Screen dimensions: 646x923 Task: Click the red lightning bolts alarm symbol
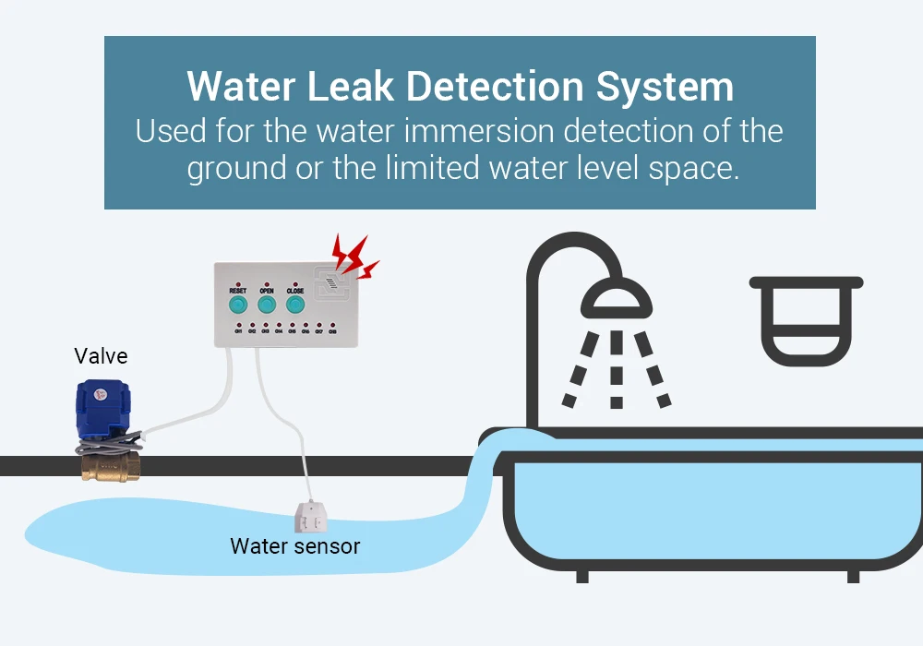354,256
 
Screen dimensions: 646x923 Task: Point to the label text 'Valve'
101,355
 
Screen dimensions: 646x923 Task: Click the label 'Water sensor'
295,546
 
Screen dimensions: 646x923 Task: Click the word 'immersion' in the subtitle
459,130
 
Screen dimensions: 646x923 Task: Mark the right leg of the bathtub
853,573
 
